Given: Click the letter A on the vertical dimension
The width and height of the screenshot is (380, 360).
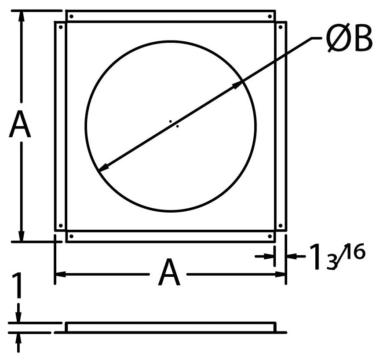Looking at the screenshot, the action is [x=20, y=124].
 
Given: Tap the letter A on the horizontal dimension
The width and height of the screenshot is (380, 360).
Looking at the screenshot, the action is [x=169, y=272].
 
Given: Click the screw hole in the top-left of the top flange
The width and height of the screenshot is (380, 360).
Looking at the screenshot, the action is [x=71, y=16].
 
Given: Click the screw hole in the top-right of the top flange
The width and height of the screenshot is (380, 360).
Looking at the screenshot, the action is [x=270, y=16].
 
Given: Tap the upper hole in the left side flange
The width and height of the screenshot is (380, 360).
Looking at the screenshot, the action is [x=61, y=27].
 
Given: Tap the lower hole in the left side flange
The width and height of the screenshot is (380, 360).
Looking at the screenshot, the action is [x=61, y=226].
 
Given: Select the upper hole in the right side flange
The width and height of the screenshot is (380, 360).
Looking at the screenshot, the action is [x=281, y=27].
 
